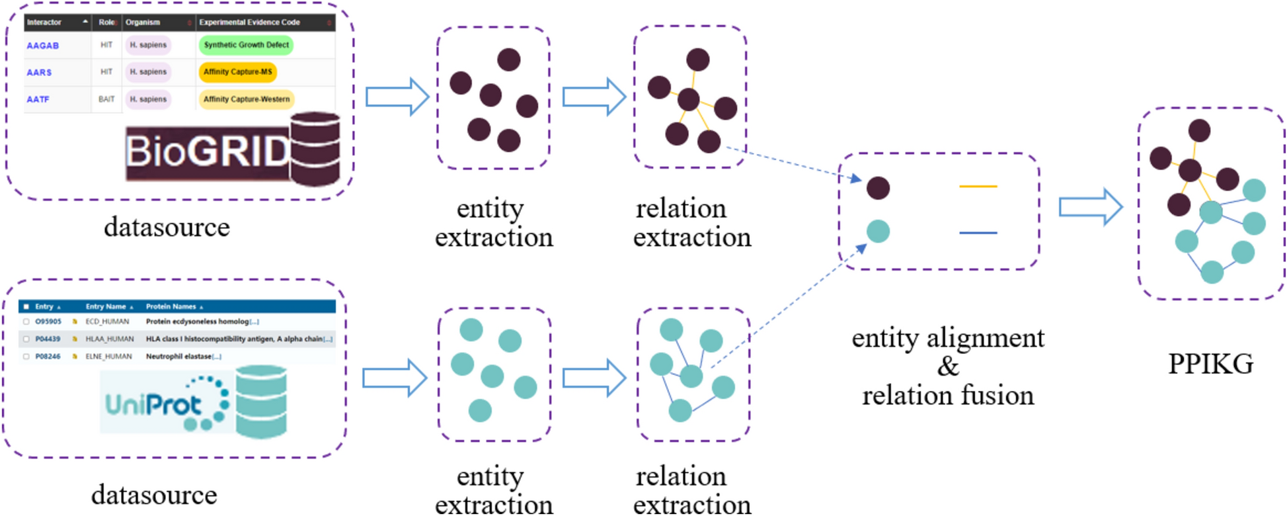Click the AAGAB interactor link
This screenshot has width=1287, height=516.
(42, 46)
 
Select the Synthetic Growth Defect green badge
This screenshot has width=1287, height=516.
(246, 45)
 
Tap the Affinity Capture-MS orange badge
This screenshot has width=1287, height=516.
(237, 72)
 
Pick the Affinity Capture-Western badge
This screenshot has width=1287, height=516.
(246, 99)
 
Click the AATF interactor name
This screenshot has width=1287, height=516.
(38, 99)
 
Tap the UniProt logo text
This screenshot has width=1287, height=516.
(153, 404)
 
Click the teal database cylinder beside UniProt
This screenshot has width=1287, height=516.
(261, 402)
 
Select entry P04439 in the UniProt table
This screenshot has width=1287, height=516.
(48, 339)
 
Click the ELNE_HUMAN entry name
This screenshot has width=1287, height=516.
(107, 356)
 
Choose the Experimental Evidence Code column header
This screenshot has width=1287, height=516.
(249, 22)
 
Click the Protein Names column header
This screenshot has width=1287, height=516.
(171, 306)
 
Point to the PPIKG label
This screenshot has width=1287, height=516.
(1210, 365)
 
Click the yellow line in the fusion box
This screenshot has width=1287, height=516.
(978, 187)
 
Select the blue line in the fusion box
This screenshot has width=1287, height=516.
(978, 233)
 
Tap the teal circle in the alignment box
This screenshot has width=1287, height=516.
(878, 232)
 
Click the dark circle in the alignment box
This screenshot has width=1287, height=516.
(878, 188)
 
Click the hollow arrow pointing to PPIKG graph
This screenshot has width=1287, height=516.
(1090, 207)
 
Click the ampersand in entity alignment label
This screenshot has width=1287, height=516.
(947, 366)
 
